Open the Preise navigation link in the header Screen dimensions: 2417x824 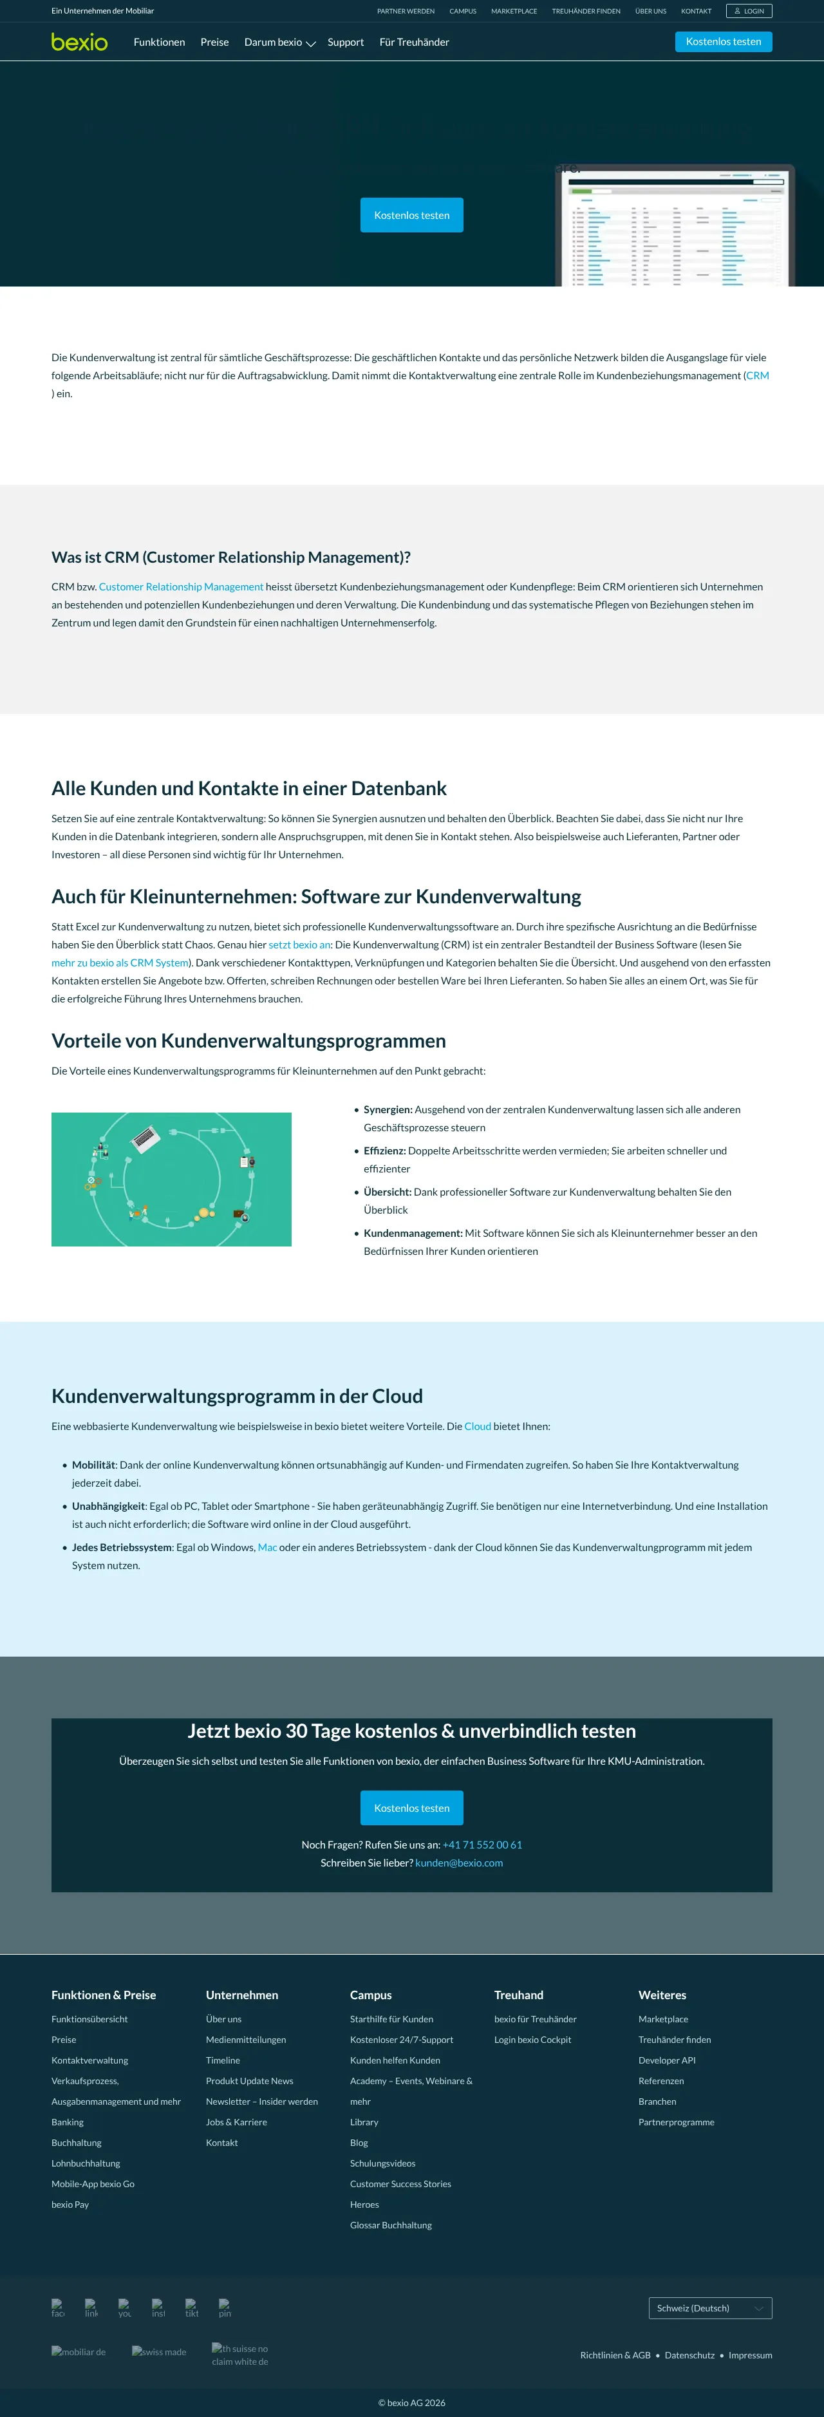coord(214,42)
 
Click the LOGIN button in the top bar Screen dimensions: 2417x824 coord(749,11)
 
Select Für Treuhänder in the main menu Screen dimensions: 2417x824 coord(414,42)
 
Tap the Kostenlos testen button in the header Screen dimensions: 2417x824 coord(723,42)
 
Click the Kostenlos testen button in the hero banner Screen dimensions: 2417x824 coord(411,215)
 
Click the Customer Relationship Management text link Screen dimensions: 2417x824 coord(181,587)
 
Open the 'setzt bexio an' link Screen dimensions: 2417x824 coord(299,945)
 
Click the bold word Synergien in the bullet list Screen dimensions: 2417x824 coord(388,1109)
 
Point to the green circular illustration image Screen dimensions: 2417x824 coord(171,1180)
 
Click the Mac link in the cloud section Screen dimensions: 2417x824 coord(267,1547)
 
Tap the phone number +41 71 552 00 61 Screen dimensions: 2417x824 coord(482,1845)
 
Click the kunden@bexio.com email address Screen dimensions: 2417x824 coord(459,1863)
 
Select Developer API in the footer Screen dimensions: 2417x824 coord(666,2060)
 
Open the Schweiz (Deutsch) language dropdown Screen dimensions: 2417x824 coord(709,2308)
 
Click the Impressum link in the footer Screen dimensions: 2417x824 coord(750,2355)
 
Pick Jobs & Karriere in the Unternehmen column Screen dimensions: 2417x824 coord(236,2122)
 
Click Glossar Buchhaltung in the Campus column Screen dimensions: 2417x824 coord(390,2226)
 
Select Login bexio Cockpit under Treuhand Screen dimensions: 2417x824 coord(532,2040)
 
